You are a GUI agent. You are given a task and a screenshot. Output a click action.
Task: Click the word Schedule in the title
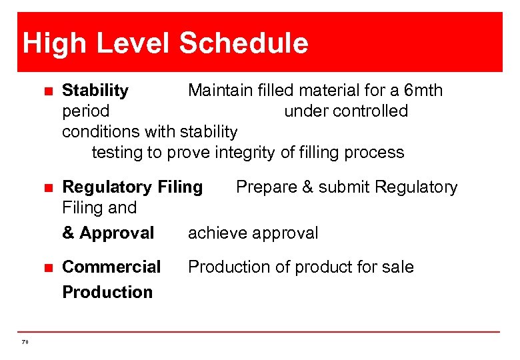tap(243, 44)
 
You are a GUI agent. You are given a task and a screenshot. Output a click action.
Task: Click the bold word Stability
tap(95, 90)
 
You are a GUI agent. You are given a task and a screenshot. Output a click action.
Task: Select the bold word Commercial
tap(111, 267)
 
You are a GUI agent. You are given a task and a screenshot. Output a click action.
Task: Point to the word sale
tap(398, 267)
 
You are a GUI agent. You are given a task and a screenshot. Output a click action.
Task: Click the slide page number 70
tap(25, 341)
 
